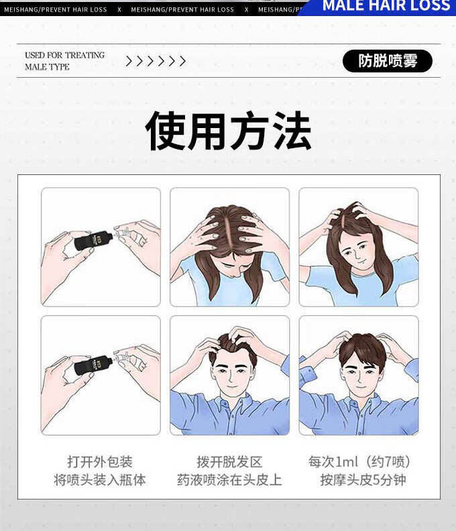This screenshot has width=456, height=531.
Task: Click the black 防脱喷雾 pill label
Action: click(387, 61)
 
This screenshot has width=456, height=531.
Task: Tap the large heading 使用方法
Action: click(228, 131)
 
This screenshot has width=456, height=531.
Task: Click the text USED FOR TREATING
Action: click(64, 55)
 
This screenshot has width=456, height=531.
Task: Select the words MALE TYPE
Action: click(47, 67)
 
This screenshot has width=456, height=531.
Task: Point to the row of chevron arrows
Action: click(156, 61)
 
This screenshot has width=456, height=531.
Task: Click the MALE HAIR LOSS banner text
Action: click(386, 5)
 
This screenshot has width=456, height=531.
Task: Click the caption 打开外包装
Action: click(100, 461)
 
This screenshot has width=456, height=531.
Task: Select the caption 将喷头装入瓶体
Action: click(100, 479)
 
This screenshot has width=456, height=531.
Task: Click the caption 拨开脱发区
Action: click(229, 461)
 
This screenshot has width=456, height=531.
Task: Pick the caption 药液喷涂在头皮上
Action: click(229, 479)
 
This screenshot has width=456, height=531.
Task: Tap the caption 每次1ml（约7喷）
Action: click(359, 461)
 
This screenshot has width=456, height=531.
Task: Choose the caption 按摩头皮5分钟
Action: click(363, 479)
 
